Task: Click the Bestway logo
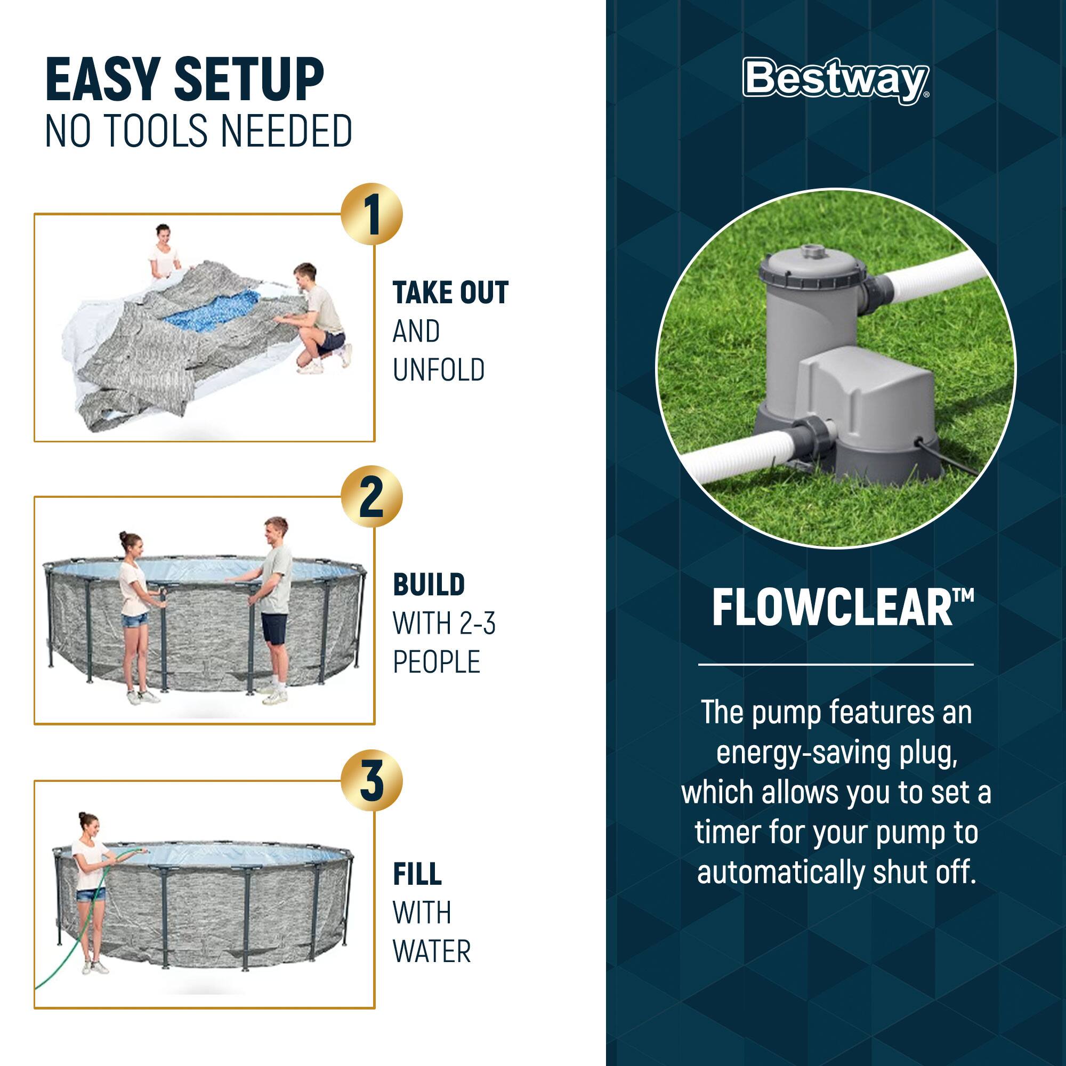click(x=835, y=80)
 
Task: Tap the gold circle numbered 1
click(x=372, y=214)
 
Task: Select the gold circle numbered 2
click(x=372, y=497)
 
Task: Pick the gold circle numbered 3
click(x=372, y=780)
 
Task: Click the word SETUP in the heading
click(x=248, y=80)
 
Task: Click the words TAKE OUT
click(x=450, y=293)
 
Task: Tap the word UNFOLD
click(x=439, y=370)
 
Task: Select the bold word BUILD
click(x=429, y=585)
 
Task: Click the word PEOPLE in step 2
click(x=436, y=661)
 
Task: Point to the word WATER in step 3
click(x=432, y=951)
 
